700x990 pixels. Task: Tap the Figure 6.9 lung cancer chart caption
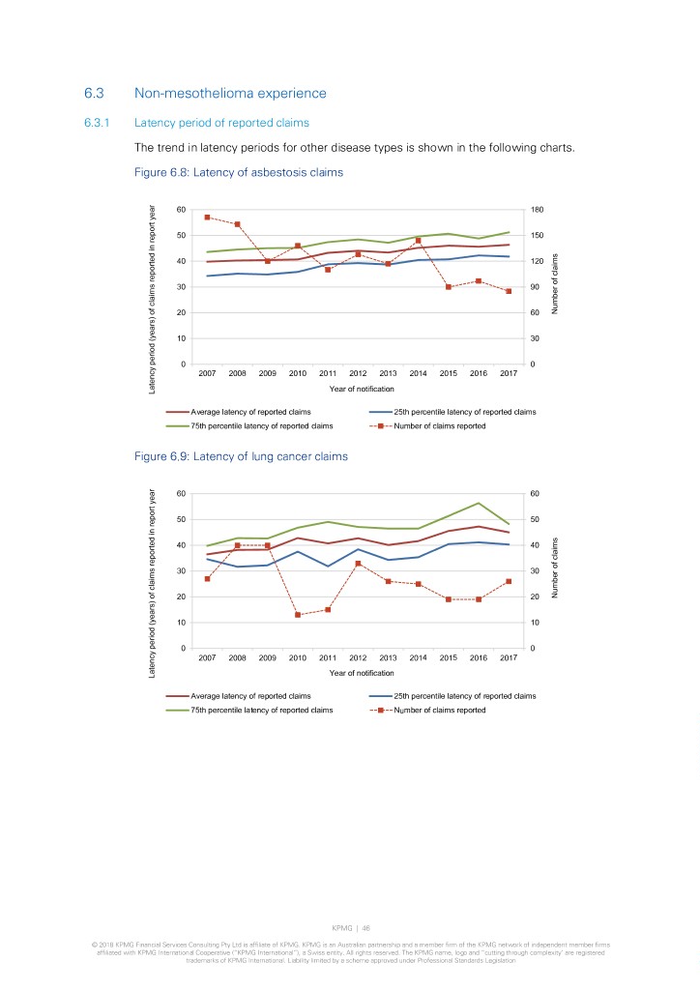tap(241, 456)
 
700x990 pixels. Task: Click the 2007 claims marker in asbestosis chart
tap(207, 217)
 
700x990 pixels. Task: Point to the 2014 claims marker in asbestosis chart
tap(419, 240)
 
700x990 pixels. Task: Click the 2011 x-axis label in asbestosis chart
tap(328, 373)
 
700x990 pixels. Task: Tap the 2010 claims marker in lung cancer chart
tap(298, 615)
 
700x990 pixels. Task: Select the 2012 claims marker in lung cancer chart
tap(358, 564)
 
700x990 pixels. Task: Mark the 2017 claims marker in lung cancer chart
tap(509, 581)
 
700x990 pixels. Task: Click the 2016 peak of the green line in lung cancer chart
tap(479, 503)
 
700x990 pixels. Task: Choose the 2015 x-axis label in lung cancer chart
tap(449, 657)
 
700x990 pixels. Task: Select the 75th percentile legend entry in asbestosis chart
tap(261, 425)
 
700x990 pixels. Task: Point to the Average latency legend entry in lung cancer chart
tap(250, 696)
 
